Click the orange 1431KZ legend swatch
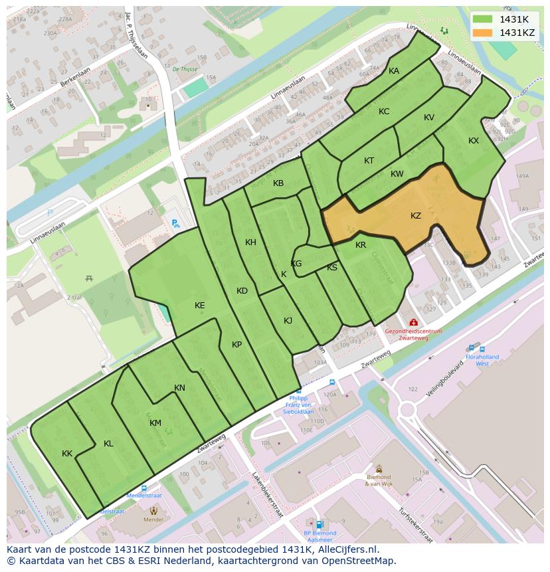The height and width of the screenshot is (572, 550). click(x=483, y=33)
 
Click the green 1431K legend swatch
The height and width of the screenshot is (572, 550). click(x=483, y=19)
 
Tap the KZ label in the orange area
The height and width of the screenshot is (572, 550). click(x=416, y=216)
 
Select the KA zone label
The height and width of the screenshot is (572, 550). click(x=394, y=71)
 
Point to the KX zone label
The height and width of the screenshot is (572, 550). click(x=474, y=141)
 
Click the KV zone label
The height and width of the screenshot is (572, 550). click(x=429, y=118)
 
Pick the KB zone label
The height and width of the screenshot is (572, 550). click(x=278, y=183)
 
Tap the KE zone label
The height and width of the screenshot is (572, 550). click(x=200, y=306)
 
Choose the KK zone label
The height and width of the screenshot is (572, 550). click(x=67, y=454)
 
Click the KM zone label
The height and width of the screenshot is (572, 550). click(x=155, y=423)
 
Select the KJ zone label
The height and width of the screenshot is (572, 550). click(x=288, y=321)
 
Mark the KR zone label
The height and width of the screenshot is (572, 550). click(x=361, y=245)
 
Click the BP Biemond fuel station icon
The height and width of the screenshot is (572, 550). click(x=320, y=524)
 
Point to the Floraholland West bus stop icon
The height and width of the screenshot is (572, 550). click(x=472, y=347)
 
